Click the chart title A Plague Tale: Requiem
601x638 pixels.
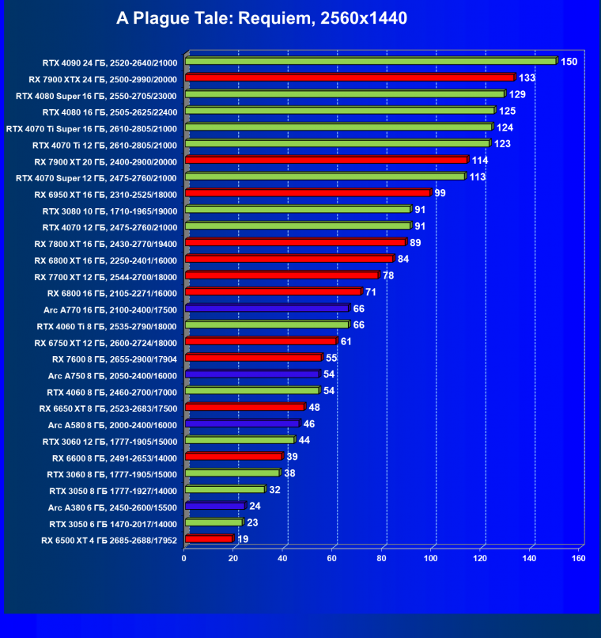coord(261,17)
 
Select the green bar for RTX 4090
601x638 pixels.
coord(370,61)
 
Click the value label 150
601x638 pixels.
coord(569,61)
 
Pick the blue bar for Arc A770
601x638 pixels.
coord(266,309)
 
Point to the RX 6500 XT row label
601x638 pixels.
coord(109,541)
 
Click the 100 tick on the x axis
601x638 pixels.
coord(431,558)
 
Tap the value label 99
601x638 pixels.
coord(440,192)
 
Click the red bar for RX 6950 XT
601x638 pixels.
coord(307,192)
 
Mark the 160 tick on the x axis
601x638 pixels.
coord(579,558)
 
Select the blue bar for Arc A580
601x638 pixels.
coord(242,424)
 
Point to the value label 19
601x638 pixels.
coord(244,539)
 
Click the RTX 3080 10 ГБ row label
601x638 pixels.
coord(110,211)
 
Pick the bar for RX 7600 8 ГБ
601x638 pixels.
coord(253,358)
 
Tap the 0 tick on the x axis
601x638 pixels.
coord(184,558)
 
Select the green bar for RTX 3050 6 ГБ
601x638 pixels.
coord(213,522)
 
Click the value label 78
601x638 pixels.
coord(388,275)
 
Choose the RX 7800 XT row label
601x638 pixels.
coord(106,243)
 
